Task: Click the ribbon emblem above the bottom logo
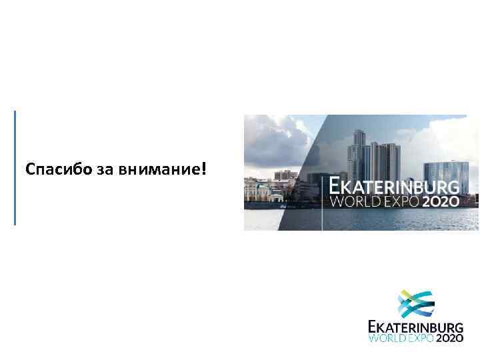[415, 305]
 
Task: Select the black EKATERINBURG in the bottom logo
[415, 327]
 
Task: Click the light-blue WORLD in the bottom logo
[387, 339]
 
